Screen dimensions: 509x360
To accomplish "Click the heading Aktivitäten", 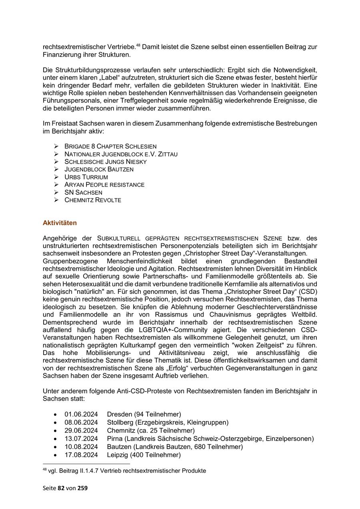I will (60, 223).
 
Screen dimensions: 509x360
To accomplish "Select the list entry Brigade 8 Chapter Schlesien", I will (110, 146).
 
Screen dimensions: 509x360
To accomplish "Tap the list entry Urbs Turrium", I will (86, 177).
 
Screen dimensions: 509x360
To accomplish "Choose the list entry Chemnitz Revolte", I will (92, 200).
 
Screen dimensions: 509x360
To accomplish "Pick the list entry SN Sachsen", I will (83, 192).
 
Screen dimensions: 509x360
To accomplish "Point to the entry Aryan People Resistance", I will (104, 185).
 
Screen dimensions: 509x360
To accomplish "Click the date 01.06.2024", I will (81, 414).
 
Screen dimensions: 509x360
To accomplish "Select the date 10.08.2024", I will (81, 447).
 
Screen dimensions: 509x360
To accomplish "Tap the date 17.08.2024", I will (81, 455).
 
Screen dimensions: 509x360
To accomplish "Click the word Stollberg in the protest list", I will (120, 423).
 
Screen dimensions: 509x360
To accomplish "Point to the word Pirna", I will (115, 439).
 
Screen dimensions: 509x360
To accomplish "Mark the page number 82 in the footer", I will (61, 488).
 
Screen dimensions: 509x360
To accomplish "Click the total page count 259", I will (82, 488).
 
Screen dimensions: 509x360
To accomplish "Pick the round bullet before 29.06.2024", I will (55, 431).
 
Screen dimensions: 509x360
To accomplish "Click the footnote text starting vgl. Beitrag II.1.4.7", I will (127, 471).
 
